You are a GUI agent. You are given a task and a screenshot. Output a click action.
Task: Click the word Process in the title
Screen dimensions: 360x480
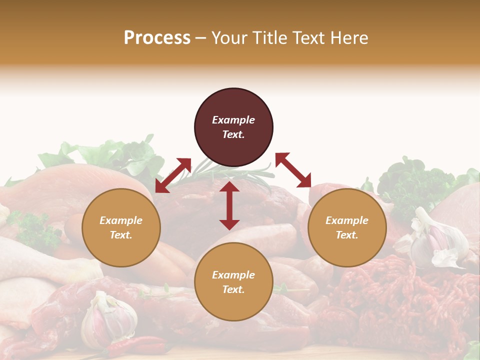tap(157, 38)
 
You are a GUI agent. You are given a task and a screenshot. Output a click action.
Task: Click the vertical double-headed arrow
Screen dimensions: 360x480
tap(229, 205)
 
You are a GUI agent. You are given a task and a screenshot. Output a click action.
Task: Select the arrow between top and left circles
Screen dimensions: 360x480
tap(173, 175)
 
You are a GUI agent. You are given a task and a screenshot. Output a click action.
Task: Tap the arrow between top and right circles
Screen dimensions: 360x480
tap(293, 170)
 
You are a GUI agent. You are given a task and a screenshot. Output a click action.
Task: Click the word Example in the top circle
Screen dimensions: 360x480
tap(233, 120)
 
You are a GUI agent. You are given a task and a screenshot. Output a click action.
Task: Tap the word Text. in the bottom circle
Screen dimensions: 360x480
tap(233, 289)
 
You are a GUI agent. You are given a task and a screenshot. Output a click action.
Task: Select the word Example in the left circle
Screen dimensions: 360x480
tap(121, 220)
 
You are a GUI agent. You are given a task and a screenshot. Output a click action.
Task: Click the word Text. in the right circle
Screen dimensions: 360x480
tap(347, 235)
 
